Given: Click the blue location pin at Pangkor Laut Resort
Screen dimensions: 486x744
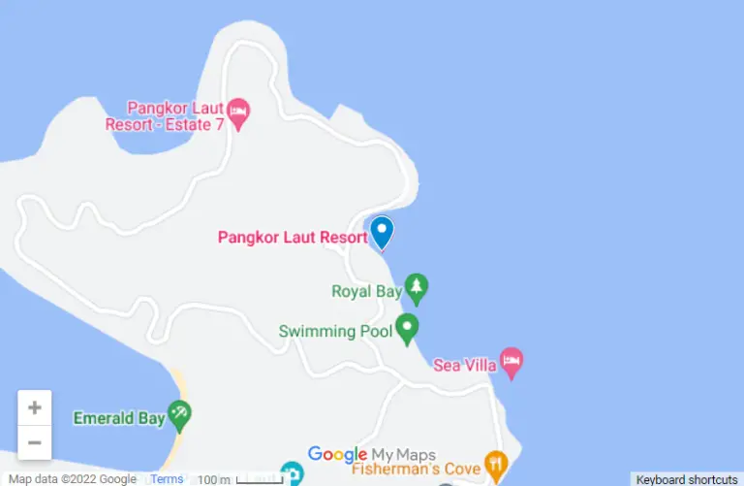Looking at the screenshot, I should pos(382,231).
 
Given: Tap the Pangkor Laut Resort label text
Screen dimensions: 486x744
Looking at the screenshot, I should pos(293,237).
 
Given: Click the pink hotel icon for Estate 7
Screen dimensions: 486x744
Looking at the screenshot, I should pos(238,113).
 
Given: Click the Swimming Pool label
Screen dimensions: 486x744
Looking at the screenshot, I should pos(334,331).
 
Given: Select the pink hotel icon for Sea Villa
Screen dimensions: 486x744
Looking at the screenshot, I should pos(511,362).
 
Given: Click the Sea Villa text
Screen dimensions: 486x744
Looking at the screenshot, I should pos(465,365).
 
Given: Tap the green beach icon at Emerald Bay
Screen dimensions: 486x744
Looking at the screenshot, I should pos(179,415).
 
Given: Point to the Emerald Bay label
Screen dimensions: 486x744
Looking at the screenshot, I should pos(119,418).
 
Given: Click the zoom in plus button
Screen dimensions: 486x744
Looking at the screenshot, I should pos(34,407).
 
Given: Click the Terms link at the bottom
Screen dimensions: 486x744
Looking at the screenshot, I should pos(167,479).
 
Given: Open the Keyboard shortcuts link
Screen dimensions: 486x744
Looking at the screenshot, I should pos(687,479).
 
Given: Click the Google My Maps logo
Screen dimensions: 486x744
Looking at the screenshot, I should pos(372,454).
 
